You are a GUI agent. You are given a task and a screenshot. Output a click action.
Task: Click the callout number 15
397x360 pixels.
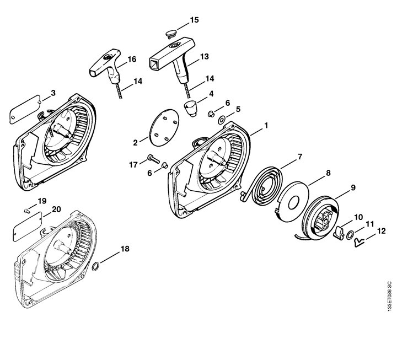[195, 20]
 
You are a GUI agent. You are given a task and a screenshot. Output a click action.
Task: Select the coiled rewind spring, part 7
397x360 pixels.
[262, 183]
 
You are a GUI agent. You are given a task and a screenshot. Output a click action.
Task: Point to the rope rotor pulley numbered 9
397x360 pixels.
[321, 217]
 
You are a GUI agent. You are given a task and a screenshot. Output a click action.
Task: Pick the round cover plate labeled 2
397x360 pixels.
[164, 127]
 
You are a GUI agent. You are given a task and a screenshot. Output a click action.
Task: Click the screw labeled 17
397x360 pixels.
[153, 159]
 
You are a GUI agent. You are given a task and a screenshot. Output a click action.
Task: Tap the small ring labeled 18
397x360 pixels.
[95, 266]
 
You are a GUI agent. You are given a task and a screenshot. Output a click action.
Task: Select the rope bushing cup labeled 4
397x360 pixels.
[191, 108]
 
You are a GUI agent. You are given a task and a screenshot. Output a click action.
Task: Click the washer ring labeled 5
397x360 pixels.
[222, 120]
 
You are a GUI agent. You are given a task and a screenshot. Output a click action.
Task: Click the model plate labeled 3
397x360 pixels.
[25, 109]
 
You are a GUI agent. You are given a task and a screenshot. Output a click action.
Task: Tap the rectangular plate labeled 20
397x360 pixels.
[28, 227]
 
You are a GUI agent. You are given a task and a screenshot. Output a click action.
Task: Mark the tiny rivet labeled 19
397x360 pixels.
[27, 210]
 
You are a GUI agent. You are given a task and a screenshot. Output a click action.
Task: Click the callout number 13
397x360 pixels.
[205, 56]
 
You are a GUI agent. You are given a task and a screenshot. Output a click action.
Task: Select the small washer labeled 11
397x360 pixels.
[350, 235]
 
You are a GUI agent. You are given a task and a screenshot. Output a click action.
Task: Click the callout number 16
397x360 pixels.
[132, 59]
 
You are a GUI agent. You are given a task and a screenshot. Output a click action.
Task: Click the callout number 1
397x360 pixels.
[266, 125]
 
